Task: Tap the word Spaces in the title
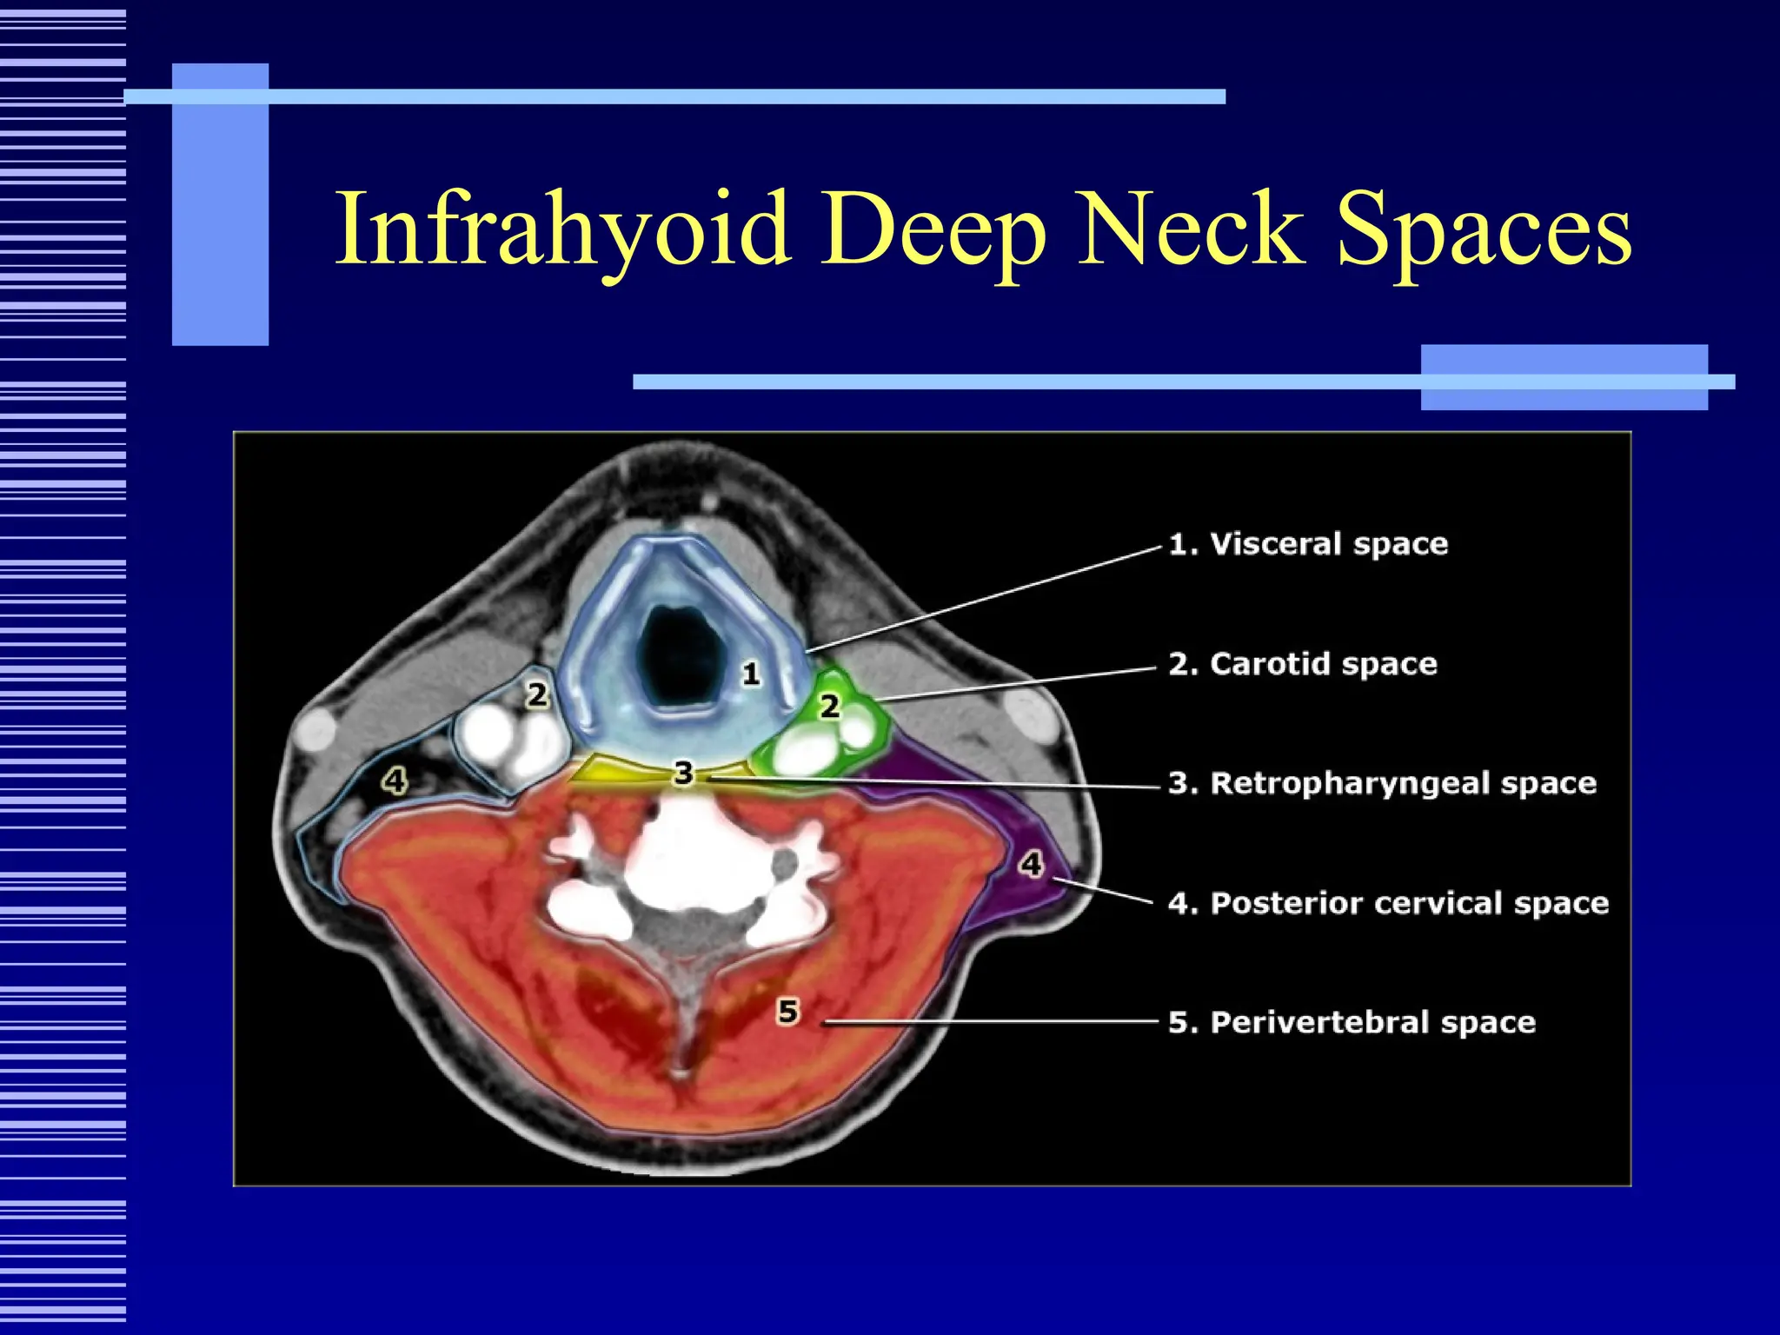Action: click(1484, 229)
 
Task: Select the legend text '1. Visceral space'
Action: click(1308, 544)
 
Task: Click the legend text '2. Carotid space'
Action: click(1303, 664)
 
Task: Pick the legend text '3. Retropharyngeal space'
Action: click(1382, 783)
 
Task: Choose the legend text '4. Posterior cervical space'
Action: click(1388, 903)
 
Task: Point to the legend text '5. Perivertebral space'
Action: click(1352, 1022)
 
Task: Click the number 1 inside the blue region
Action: click(751, 674)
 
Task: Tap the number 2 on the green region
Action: click(830, 706)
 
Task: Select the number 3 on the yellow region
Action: click(684, 773)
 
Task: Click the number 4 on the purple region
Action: click(1031, 864)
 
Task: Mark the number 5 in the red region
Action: click(787, 1012)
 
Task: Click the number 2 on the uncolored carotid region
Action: click(538, 694)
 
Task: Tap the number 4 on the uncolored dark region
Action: click(395, 780)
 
